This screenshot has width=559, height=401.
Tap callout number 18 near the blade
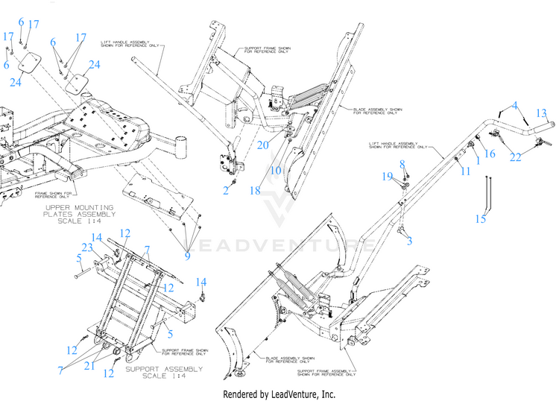(x=255, y=191)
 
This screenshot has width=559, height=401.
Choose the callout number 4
(x=514, y=107)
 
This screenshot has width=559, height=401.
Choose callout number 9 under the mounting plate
(x=187, y=256)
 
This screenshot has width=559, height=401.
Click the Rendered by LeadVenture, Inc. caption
(x=279, y=394)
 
